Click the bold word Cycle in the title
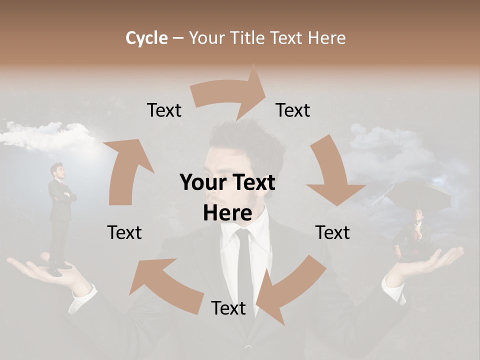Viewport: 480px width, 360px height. [x=146, y=38]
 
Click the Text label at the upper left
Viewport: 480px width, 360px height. [x=164, y=110]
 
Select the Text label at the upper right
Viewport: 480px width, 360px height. [x=293, y=110]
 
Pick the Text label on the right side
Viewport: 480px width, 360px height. [x=332, y=232]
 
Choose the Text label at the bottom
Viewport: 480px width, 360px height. [x=228, y=308]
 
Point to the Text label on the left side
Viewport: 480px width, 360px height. [x=124, y=232]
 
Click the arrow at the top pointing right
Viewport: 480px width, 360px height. [x=230, y=92]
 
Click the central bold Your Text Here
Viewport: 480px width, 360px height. [x=227, y=197]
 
